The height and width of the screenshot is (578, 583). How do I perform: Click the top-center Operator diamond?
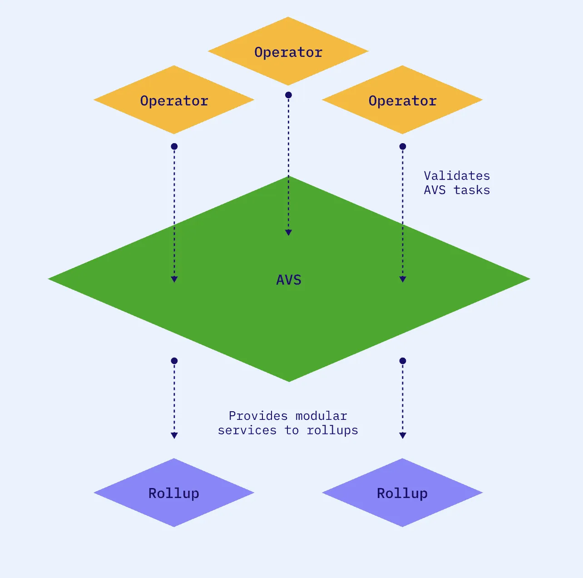point(288,51)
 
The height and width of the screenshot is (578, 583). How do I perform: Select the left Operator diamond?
point(174,100)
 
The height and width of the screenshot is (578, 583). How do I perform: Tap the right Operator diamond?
point(402,100)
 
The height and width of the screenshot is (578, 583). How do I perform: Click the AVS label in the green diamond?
point(289,280)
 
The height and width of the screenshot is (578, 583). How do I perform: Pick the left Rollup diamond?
point(174,493)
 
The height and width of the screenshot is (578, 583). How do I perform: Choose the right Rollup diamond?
point(402,493)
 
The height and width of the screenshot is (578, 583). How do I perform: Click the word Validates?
point(457,176)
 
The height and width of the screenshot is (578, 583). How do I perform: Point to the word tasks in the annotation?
point(472,190)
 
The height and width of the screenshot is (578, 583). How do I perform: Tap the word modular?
point(321,416)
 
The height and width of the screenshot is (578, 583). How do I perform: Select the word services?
point(247,430)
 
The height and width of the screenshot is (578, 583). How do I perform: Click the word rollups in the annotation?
point(332,430)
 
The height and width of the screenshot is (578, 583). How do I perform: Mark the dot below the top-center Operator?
point(288,95)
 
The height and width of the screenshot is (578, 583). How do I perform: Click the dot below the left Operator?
point(174,146)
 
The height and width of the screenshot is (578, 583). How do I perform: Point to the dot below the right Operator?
point(402,146)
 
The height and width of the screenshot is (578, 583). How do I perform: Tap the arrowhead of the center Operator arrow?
point(288,233)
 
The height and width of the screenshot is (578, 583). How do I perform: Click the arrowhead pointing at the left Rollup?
point(174,435)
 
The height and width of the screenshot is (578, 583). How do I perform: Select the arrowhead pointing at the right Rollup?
point(402,435)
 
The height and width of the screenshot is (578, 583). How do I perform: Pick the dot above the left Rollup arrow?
point(174,361)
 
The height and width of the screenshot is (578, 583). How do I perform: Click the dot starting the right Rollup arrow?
point(402,361)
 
